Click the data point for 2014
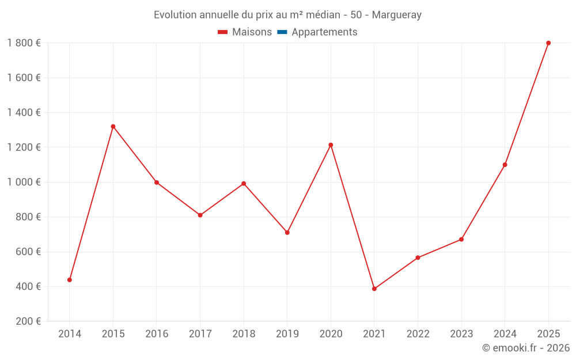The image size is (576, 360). pos(70,280)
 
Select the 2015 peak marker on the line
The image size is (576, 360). pos(113,127)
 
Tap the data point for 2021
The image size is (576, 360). pos(374,289)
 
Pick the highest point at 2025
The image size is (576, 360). pos(548,43)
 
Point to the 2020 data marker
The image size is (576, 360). pos(331,145)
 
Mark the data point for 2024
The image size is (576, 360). pos(505,165)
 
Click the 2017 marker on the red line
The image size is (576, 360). pos(200,215)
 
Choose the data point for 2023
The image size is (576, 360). pos(461,240)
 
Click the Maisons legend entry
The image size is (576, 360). pos(245,32)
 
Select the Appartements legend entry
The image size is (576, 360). pos(324,32)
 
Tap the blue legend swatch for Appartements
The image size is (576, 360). pos(282,32)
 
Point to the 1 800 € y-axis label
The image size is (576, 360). pos(24,43)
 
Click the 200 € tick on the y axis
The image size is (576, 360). pos(28,321)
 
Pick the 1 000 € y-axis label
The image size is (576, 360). pos(24,182)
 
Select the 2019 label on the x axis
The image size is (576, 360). pos(287,334)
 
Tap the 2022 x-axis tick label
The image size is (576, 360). pos(418,334)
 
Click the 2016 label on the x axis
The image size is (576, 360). pos(157,334)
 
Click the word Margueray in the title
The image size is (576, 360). pos(397,15)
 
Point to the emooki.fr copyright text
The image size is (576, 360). pos(526,348)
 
